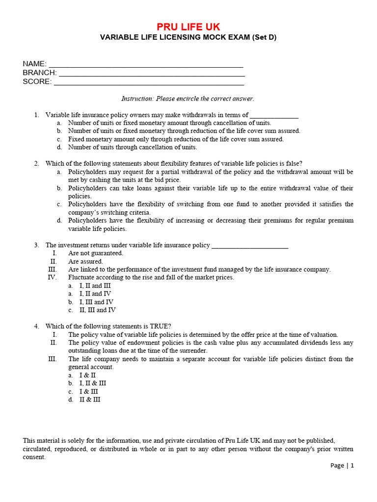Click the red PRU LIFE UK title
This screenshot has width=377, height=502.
[x=188, y=26]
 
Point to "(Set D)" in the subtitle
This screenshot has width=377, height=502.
[x=264, y=37]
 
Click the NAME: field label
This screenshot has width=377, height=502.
[x=34, y=64]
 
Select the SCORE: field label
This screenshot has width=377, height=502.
[x=37, y=82]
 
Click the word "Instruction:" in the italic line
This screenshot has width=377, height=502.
[x=137, y=99]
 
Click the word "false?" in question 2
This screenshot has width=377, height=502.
[x=294, y=163]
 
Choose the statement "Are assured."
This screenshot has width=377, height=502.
[x=85, y=261]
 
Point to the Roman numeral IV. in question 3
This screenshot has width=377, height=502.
[x=52, y=277]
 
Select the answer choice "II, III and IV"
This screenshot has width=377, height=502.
[x=98, y=310]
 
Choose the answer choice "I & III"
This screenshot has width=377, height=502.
[x=89, y=392]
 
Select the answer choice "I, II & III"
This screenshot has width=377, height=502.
[x=93, y=383]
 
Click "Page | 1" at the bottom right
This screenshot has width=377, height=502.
[x=342, y=466]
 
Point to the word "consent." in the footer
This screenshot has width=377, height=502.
[x=34, y=457]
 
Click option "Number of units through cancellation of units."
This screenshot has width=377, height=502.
[x=133, y=147]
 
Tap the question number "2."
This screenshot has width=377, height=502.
[x=37, y=163]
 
